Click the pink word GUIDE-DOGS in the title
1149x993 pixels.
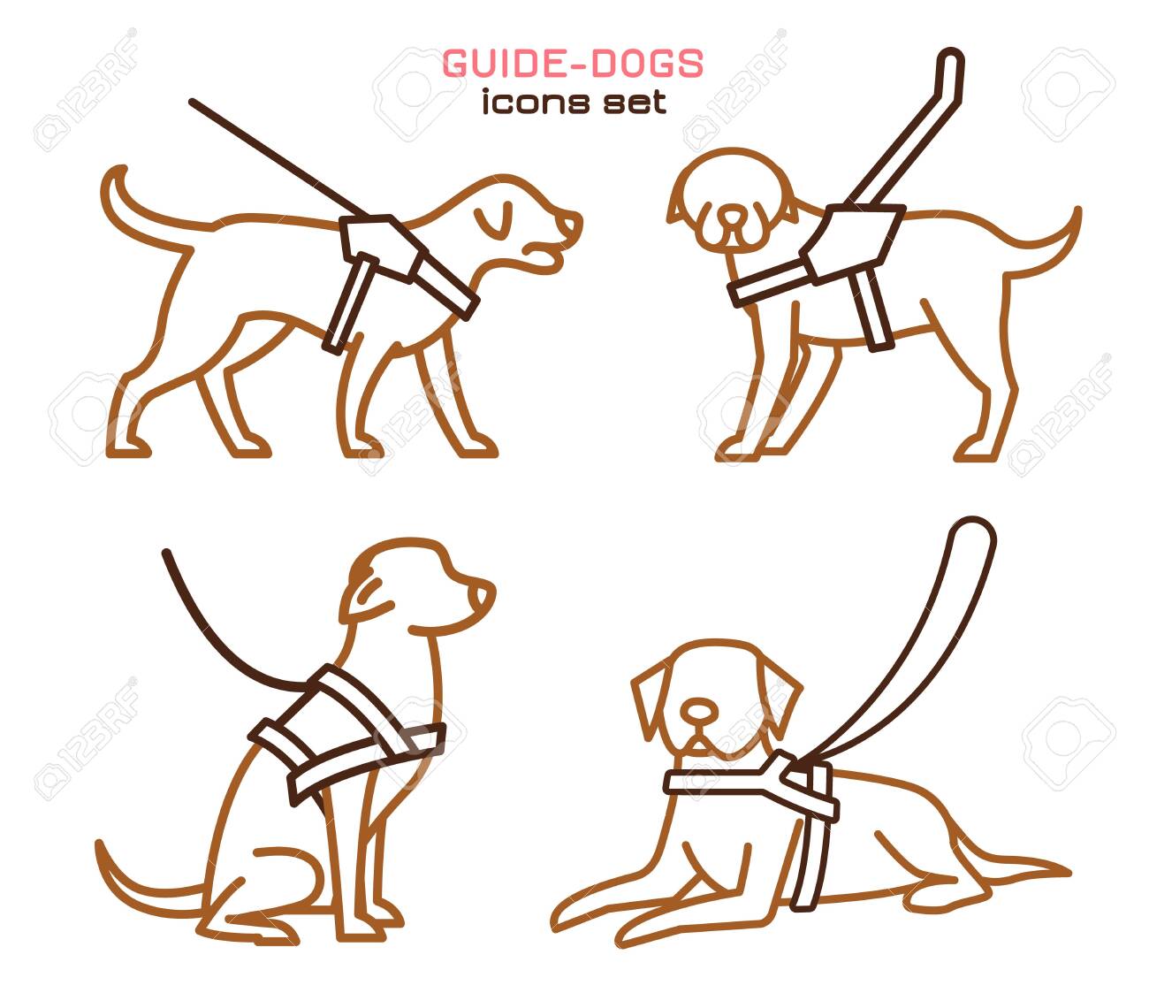click(573, 64)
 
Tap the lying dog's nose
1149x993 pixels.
click(698, 709)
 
